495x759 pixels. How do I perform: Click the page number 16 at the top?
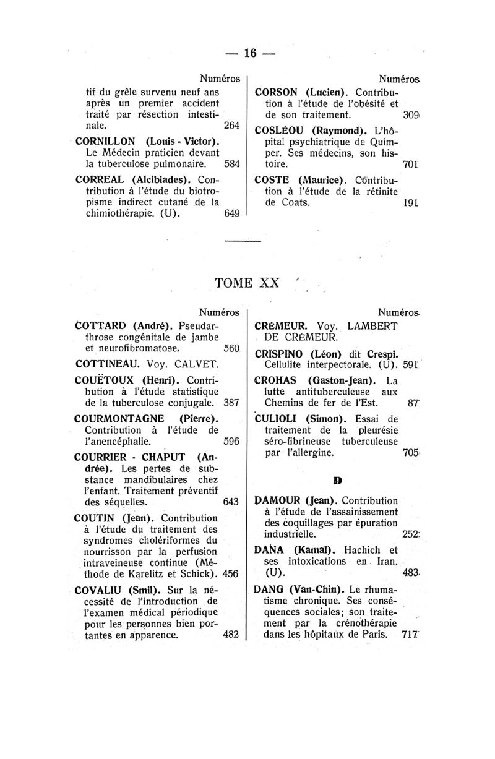(250, 53)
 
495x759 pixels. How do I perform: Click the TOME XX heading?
(246, 283)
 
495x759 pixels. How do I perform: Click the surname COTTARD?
(101, 325)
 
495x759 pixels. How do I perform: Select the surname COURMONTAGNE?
(121, 419)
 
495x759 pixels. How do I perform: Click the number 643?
(230, 502)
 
